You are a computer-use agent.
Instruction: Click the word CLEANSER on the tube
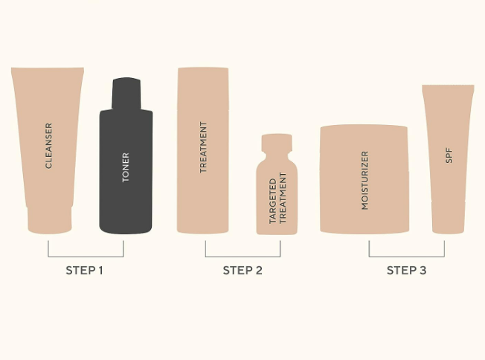48,146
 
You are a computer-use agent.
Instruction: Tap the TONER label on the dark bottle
126,167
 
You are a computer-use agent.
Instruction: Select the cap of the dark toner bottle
126,93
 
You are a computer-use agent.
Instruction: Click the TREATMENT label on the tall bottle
203,147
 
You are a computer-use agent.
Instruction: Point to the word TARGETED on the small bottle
272,201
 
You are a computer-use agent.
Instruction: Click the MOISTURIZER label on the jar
365,181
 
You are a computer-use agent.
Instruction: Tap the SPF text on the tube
449,155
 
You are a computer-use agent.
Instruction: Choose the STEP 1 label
84,271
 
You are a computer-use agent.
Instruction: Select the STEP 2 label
242,271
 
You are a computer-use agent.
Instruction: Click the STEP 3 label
406,271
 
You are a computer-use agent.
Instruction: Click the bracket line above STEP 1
86,257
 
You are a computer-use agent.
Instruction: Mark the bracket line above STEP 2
242,257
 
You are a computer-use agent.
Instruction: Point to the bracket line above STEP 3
407,257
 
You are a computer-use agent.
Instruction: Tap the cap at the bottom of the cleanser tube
50,220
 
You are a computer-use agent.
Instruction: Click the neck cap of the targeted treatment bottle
277,143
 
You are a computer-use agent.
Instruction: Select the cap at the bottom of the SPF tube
449,217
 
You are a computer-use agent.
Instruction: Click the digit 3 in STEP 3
423,271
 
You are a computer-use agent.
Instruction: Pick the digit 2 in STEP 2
259,271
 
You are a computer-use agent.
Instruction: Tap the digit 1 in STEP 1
100,271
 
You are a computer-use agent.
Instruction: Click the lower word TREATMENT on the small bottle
283,198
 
